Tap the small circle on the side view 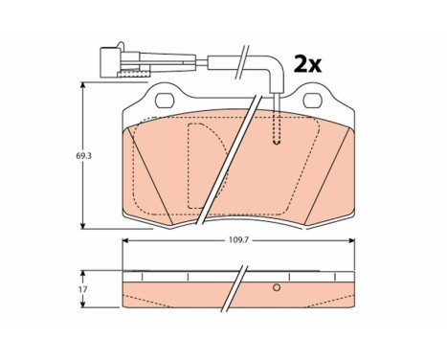[x=276, y=288]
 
